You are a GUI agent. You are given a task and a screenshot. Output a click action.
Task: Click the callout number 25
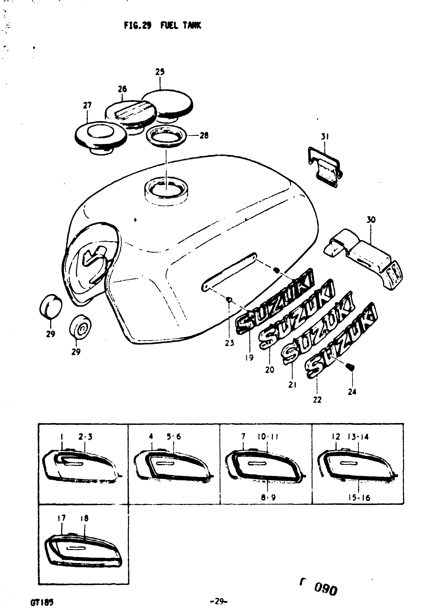160,72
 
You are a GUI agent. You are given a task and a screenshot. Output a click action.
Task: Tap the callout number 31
325,137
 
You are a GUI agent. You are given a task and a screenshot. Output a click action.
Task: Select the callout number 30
371,220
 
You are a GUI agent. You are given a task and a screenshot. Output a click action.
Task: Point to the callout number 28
204,136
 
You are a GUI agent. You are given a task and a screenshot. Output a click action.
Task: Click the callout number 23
229,343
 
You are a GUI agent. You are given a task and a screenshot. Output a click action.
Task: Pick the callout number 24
352,392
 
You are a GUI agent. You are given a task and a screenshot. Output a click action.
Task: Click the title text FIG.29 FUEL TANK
162,25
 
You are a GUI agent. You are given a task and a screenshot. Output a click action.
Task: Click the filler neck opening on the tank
166,189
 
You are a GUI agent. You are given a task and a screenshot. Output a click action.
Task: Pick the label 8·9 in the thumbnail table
268,497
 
